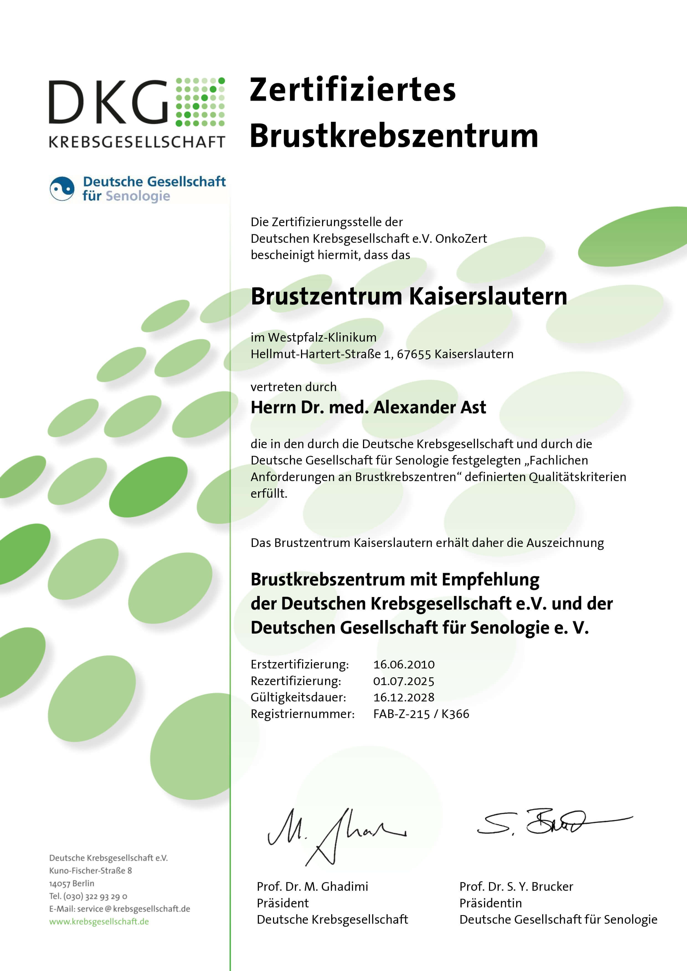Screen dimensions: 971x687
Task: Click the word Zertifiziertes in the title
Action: coord(352,90)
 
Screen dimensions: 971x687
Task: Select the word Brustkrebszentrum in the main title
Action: coord(393,136)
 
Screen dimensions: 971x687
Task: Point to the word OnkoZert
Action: coord(461,239)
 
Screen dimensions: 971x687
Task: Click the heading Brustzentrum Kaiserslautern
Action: coord(409,296)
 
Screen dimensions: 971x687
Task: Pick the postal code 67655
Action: coord(413,354)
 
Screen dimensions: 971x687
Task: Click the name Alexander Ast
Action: coord(429,407)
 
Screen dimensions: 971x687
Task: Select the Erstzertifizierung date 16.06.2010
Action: coord(403,664)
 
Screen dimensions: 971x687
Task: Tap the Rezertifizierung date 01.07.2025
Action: coord(403,681)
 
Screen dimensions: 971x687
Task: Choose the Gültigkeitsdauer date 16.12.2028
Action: coord(403,697)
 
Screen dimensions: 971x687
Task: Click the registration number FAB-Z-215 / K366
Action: coord(421,714)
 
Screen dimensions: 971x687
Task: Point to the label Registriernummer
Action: coord(302,714)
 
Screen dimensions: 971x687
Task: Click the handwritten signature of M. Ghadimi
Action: coord(334,835)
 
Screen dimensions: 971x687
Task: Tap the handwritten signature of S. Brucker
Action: coord(550,823)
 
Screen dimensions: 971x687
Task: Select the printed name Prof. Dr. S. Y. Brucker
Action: coord(516,886)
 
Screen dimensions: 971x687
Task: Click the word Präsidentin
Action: coord(490,903)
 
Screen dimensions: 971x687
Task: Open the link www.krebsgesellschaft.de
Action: coord(99,921)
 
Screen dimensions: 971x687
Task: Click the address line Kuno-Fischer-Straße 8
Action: coord(91,870)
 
